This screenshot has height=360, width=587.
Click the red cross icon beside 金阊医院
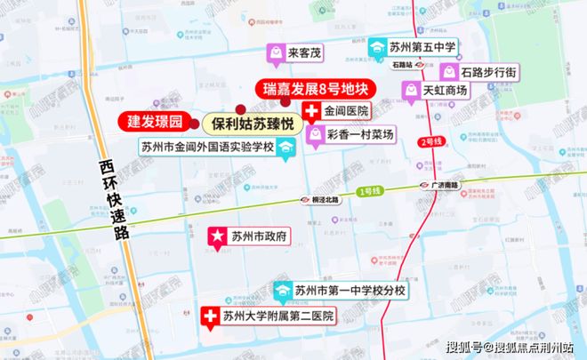[x=312, y=112]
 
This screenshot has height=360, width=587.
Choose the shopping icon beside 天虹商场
[x=411, y=90]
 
